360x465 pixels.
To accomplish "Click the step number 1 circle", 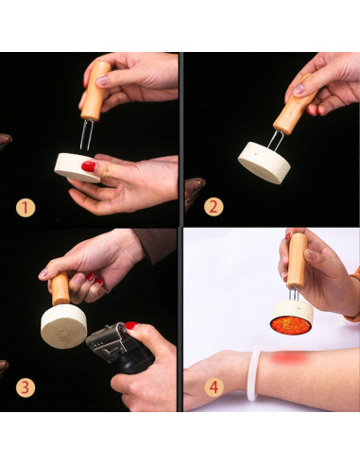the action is (26, 208).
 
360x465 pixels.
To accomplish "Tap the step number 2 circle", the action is (214, 207).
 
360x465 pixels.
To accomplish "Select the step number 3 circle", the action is (26, 387).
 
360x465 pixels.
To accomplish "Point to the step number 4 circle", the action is (214, 387).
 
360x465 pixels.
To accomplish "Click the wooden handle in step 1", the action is (95, 91).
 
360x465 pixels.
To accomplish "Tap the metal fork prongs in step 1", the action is (86, 135).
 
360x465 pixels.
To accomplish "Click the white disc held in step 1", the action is (77, 167).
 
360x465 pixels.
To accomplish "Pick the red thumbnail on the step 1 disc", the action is (89, 166).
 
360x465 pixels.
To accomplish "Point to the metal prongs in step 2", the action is (276, 141).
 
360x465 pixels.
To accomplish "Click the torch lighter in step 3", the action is (120, 348).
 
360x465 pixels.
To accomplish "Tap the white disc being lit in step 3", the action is (63, 326).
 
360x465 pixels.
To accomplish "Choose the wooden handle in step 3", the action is (60, 289).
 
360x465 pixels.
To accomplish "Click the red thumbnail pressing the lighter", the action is (132, 325).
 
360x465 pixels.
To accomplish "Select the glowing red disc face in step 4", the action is (290, 325).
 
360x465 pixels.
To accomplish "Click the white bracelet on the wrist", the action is (253, 373).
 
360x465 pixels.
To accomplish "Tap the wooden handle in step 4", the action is (297, 261).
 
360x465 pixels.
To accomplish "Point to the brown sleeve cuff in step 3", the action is (155, 245).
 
